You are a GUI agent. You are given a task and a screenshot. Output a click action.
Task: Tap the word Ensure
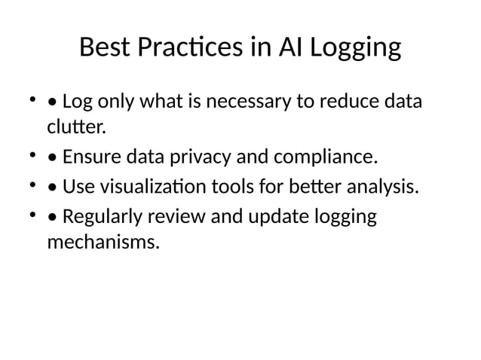pos(92,157)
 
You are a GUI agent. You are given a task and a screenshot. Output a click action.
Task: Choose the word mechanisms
pos(103,244)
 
